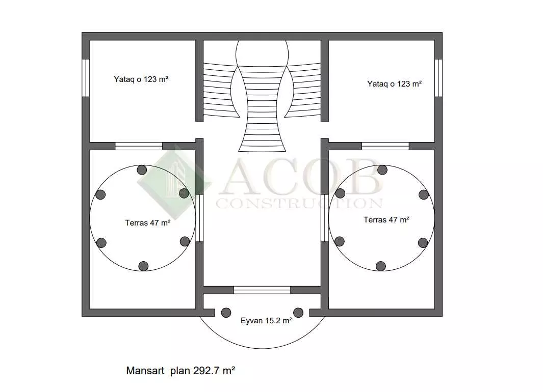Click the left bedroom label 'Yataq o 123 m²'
(141, 79)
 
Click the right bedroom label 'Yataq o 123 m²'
(395, 83)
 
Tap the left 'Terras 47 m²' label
(147, 222)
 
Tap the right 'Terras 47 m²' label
(386, 219)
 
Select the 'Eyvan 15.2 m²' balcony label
(266, 320)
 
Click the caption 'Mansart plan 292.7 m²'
(180, 371)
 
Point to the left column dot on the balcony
(226, 313)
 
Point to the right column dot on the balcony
(298, 313)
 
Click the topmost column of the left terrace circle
(142, 170)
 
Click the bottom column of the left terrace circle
(143, 266)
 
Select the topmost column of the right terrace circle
(382, 170)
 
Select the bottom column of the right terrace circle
(380, 266)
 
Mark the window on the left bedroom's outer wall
(86, 78)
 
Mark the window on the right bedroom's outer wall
(438, 78)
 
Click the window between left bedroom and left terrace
(139, 146)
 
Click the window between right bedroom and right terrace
(385, 146)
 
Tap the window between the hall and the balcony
(262, 290)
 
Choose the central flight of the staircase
(262, 109)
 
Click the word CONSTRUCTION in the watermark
(300, 203)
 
